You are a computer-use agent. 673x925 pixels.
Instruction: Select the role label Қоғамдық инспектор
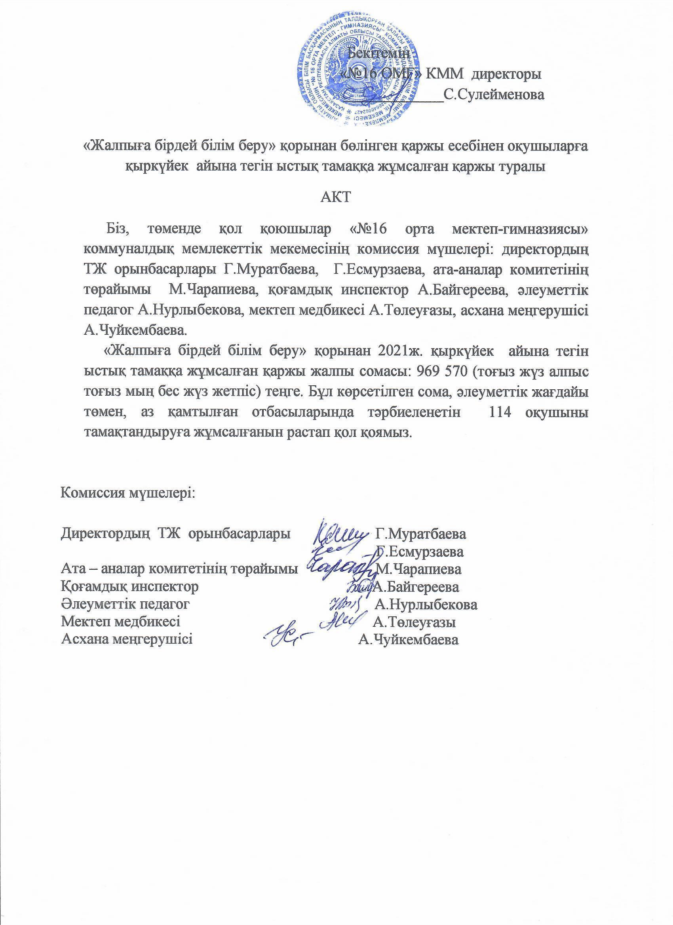130,587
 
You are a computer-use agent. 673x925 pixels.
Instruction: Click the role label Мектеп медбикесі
121,622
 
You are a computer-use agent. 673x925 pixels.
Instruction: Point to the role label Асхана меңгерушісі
127,639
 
